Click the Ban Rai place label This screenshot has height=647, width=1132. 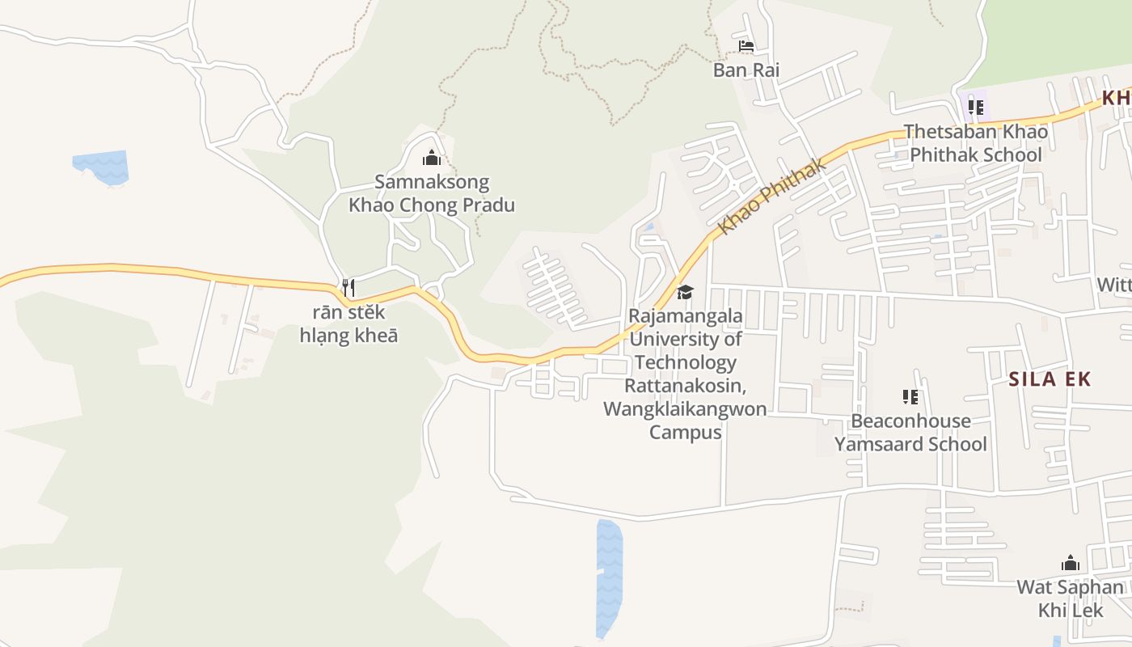point(746,70)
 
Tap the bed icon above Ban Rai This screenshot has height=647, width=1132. point(746,46)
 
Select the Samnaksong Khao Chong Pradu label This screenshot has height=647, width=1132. point(431,194)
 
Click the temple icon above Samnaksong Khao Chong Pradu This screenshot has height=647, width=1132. point(432,158)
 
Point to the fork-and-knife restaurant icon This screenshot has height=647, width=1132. point(348,287)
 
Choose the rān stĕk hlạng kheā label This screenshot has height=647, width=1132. point(348,323)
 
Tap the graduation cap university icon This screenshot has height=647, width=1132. point(685,292)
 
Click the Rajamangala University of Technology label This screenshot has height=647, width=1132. point(685,339)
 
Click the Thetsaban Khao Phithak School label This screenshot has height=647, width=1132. point(975,143)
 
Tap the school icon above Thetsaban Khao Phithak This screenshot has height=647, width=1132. point(976,107)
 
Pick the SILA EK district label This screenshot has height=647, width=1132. point(1050,378)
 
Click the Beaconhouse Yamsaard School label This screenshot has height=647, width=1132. point(910,433)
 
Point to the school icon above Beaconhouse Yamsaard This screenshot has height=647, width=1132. point(910,397)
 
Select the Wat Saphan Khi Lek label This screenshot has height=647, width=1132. point(1070,598)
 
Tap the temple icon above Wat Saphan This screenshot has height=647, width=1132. point(1071,563)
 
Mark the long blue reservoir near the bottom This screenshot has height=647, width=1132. point(609,577)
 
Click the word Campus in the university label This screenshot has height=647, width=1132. point(686,432)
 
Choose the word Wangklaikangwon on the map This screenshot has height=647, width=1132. point(685,409)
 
